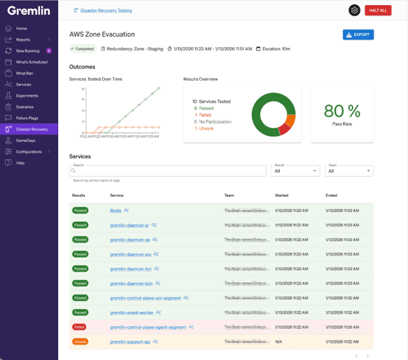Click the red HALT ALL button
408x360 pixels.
coord(377,10)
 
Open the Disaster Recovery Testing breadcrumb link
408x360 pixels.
coord(104,10)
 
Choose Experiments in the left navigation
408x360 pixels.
coord(27,96)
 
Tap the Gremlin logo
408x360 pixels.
coord(26,11)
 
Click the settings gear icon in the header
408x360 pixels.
coord(354,10)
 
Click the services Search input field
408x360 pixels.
coord(167,171)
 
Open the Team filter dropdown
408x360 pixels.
coord(350,171)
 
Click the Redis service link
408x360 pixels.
coord(116,211)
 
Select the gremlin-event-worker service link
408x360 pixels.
coord(131,312)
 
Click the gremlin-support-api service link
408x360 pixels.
coord(130,341)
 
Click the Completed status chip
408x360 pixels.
coord(83,48)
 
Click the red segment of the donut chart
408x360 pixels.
coord(284,130)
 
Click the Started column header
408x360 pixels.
coord(282,195)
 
